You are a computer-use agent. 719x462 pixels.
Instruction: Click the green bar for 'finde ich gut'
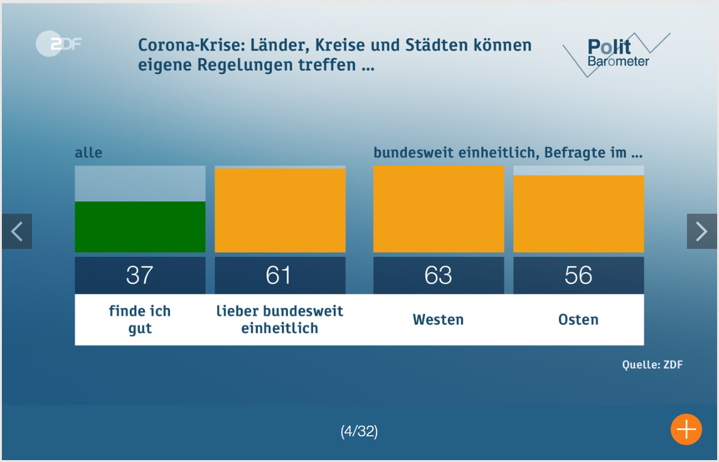pyautogui.click(x=140, y=226)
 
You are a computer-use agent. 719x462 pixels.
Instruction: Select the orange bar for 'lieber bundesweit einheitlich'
pyautogui.click(x=280, y=210)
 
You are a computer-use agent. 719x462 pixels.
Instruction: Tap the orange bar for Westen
pyautogui.click(x=439, y=209)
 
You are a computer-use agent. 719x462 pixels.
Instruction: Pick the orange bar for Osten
pyautogui.click(x=578, y=213)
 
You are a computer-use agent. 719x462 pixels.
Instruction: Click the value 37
pyautogui.click(x=140, y=275)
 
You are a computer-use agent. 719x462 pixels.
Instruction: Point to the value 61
pyautogui.click(x=280, y=275)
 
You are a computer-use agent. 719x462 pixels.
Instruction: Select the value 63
pyautogui.click(x=439, y=275)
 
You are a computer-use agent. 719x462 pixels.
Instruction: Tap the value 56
pyautogui.click(x=578, y=275)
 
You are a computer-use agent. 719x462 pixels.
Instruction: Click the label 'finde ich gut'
pyautogui.click(x=140, y=320)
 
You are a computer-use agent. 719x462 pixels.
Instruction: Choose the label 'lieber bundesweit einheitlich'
pyautogui.click(x=280, y=320)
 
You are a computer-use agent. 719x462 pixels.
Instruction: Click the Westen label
pyautogui.click(x=439, y=320)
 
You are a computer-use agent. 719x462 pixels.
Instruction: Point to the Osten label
pyautogui.click(x=578, y=320)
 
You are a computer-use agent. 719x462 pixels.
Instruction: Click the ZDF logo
pyautogui.click(x=58, y=45)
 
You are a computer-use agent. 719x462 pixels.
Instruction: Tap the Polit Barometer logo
pyautogui.click(x=617, y=54)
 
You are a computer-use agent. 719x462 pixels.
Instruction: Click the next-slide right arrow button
pyautogui.click(x=701, y=231)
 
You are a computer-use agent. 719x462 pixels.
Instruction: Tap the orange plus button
pyautogui.click(x=686, y=429)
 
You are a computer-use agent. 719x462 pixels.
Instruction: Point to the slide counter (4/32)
pyautogui.click(x=359, y=431)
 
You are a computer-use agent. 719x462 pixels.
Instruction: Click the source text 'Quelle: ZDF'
pyautogui.click(x=652, y=365)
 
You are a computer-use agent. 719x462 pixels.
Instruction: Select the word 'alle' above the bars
pyautogui.click(x=88, y=152)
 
